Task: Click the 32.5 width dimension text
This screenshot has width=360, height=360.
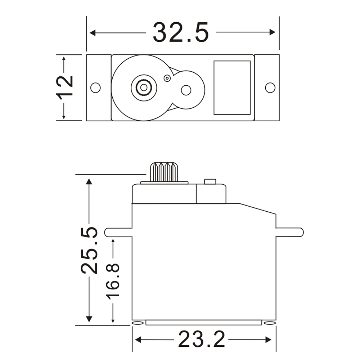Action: point(181,32)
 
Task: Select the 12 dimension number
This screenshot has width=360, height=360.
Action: point(65,87)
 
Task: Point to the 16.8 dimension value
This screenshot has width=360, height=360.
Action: point(113,280)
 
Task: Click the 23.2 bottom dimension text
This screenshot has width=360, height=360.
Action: point(202,339)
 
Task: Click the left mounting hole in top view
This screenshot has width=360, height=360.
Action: point(95,87)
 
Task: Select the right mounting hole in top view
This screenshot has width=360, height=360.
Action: point(270,87)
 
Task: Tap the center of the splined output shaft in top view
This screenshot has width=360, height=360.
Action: point(144,87)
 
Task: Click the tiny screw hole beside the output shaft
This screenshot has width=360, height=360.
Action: point(167,78)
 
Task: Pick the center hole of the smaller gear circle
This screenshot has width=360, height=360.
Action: point(186,90)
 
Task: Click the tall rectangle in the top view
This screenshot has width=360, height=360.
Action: point(232,87)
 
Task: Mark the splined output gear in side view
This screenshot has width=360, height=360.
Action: point(164,172)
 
